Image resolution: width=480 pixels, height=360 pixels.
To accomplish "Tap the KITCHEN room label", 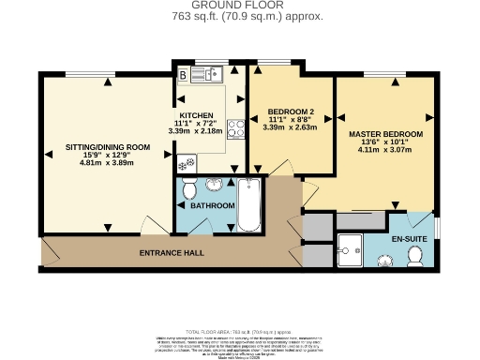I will [198, 117].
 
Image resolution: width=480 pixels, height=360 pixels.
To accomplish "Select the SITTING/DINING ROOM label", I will [107, 147].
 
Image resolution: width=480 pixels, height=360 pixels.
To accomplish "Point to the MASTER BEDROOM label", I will [385, 135].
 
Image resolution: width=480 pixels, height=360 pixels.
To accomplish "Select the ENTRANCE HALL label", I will [172, 253].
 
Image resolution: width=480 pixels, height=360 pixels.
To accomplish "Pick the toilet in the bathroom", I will [188, 191].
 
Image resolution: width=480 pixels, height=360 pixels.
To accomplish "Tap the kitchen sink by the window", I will [211, 72].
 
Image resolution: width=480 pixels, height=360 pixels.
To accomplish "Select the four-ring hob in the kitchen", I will [236, 128].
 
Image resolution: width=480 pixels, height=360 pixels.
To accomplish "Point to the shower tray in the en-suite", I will [353, 248].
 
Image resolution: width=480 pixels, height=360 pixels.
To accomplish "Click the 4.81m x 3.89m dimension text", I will [107, 162].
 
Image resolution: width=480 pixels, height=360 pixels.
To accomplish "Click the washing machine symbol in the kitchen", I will [186, 162].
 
